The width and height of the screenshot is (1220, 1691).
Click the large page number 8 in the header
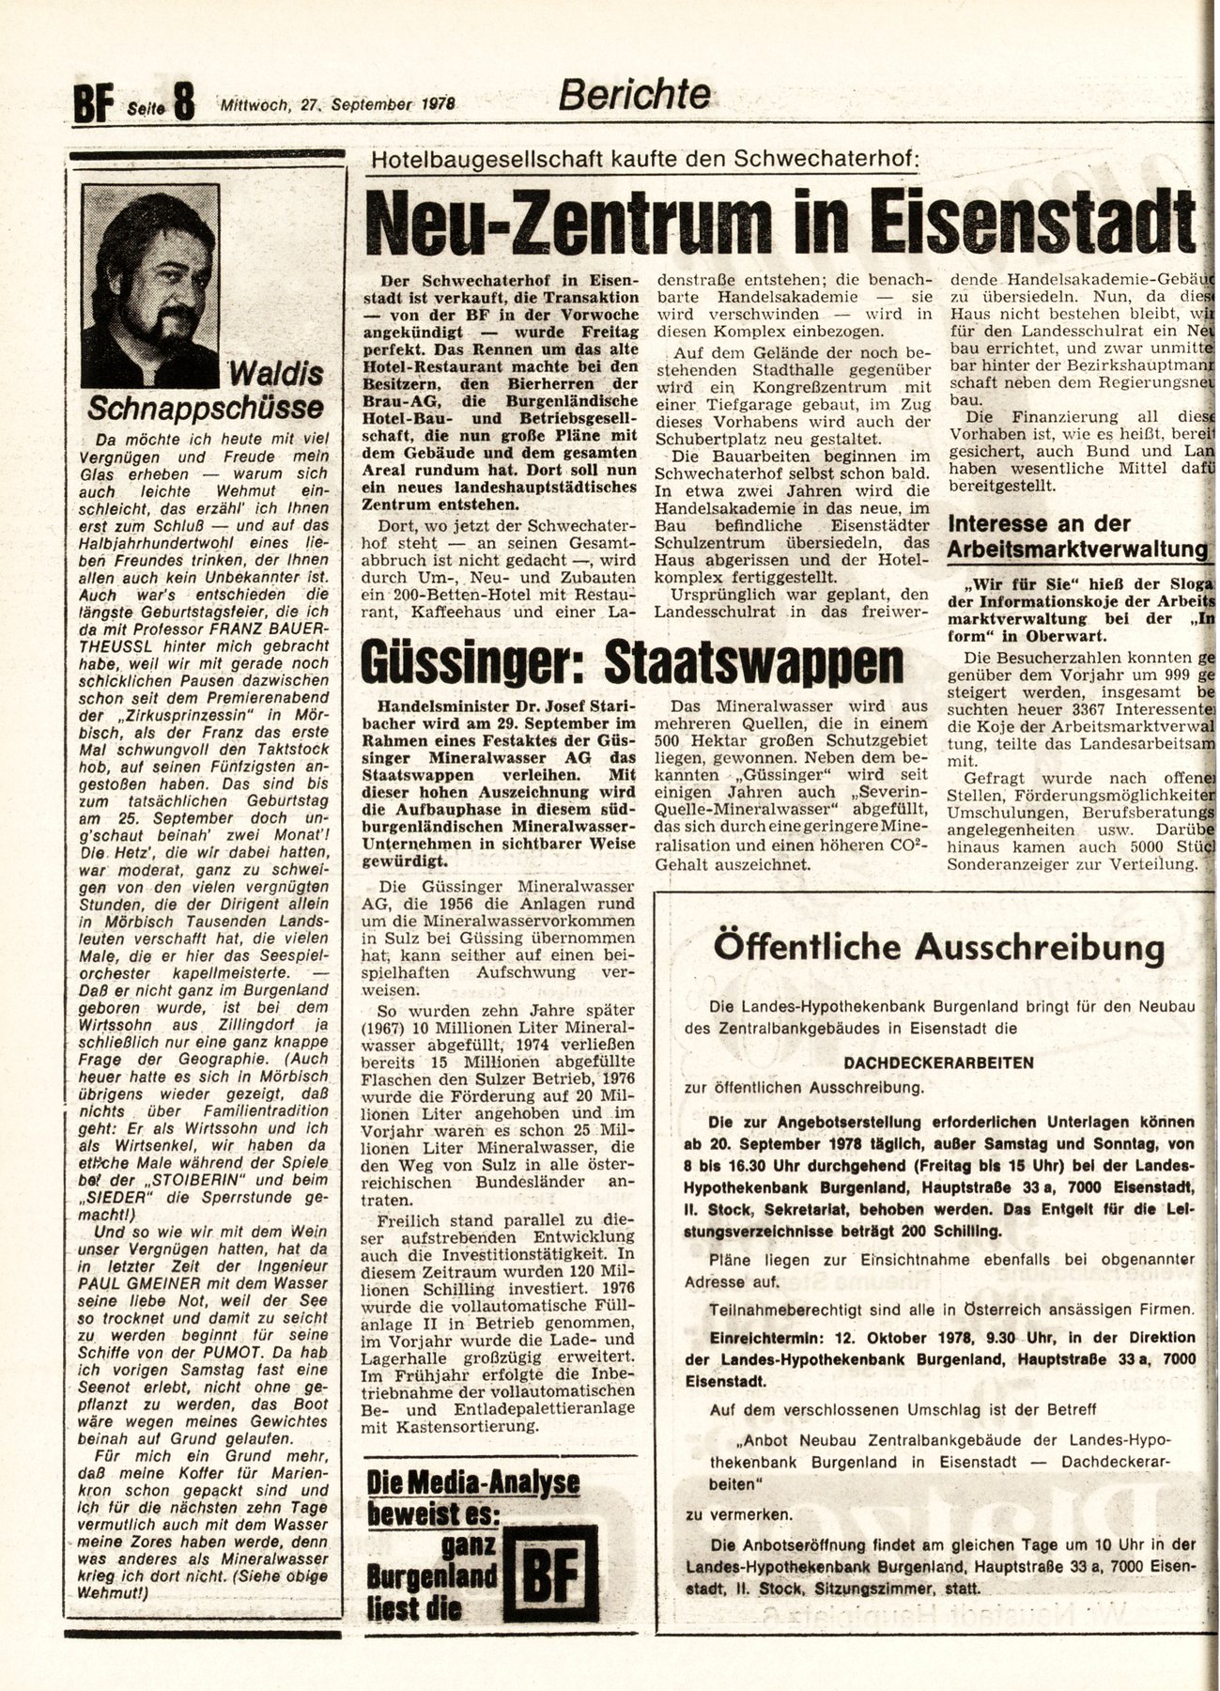[182, 101]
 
